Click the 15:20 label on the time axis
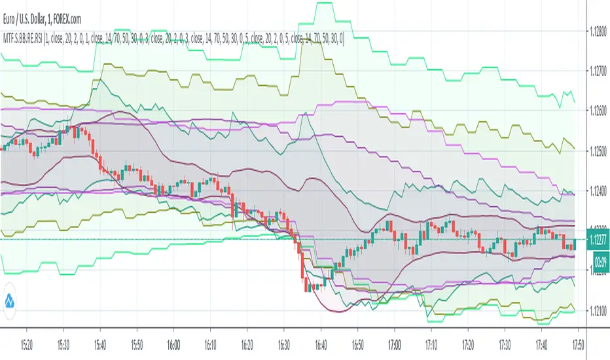pyautogui.click(x=27, y=344)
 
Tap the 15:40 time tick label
pyautogui.click(x=100, y=344)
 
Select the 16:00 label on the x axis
pyautogui.click(x=173, y=344)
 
